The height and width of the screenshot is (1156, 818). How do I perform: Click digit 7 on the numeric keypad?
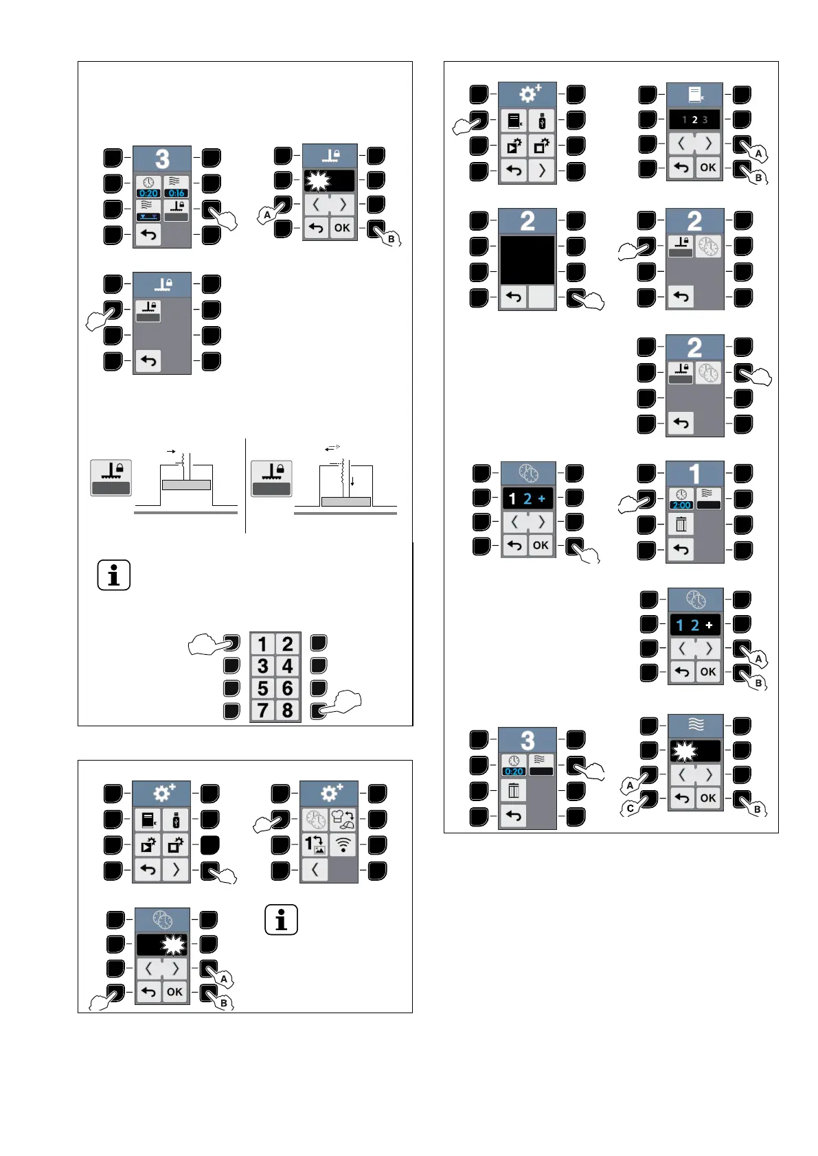pyautogui.click(x=262, y=710)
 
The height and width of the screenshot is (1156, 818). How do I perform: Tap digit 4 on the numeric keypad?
pyautogui.click(x=288, y=666)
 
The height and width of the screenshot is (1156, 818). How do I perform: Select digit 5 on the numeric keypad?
pyautogui.click(x=262, y=688)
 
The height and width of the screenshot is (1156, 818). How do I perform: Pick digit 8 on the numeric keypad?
pyautogui.click(x=288, y=710)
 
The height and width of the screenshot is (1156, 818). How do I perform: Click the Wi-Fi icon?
pyautogui.click(x=343, y=844)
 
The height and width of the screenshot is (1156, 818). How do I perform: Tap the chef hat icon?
pyautogui.click(x=343, y=819)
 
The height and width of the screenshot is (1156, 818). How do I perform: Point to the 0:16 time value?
pyautogui.click(x=176, y=193)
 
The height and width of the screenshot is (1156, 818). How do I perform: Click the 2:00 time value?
pyautogui.click(x=681, y=505)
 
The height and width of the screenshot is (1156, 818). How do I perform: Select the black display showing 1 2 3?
pyautogui.click(x=694, y=119)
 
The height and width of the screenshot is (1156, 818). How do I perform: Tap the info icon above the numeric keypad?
pyautogui.click(x=114, y=575)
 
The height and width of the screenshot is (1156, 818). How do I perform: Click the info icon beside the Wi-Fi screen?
pyautogui.click(x=281, y=919)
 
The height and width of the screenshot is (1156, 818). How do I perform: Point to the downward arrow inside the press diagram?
pyautogui.click(x=352, y=482)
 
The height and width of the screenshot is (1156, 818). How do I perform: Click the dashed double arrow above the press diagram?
pyautogui.click(x=333, y=447)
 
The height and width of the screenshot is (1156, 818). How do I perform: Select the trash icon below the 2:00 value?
pyautogui.click(x=681, y=524)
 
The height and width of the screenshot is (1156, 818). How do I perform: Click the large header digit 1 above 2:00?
pyautogui.click(x=694, y=474)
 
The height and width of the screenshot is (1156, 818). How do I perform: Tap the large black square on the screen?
pyautogui.click(x=527, y=259)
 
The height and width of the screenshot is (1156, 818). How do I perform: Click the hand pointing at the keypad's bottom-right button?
pyautogui.click(x=341, y=704)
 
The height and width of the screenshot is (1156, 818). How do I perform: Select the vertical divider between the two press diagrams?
pyautogui.click(x=245, y=485)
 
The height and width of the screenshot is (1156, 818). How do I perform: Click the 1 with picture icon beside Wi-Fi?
pyautogui.click(x=315, y=844)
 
